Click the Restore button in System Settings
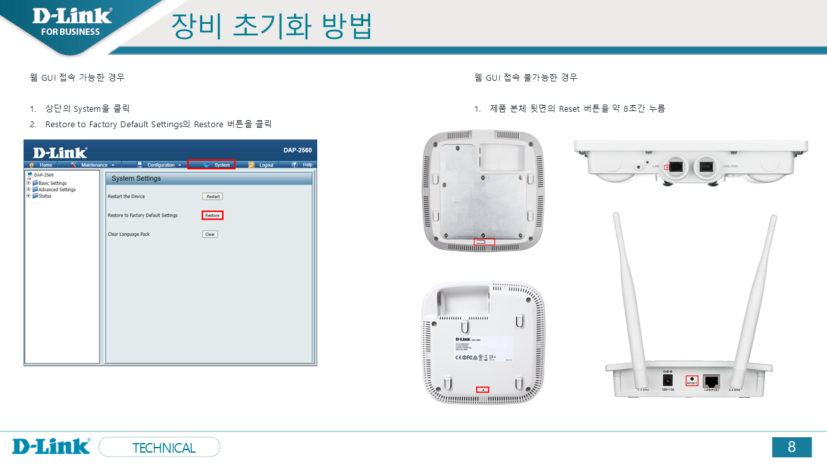coord(212,215)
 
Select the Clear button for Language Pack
coord(210,234)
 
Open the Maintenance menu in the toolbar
coord(93,165)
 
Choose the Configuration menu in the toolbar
coord(160,165)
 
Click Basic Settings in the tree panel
coord(52,183)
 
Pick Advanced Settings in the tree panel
coord(57,189)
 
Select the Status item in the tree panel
coord(45,196)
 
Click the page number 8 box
coord(791,447)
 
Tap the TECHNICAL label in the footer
coord(163,448)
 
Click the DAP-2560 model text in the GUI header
coord(297,150)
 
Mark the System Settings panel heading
coord(136,178)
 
